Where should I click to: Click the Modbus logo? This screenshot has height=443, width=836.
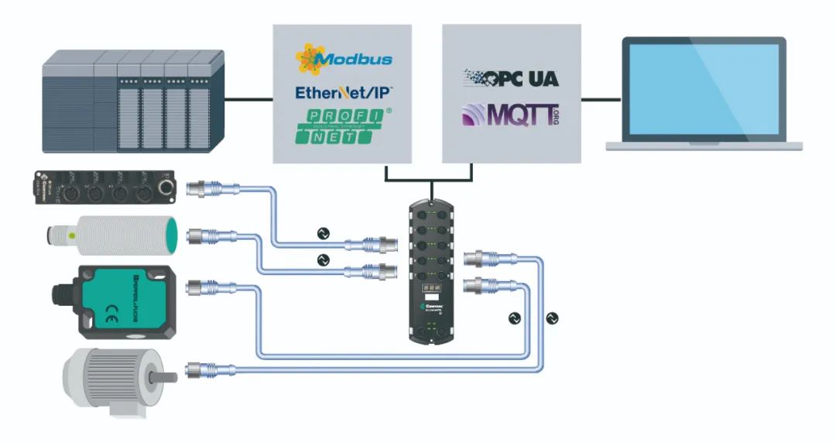(344, 59)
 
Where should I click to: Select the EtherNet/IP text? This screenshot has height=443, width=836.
(344, 93)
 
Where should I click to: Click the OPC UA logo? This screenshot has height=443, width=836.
(511, 77)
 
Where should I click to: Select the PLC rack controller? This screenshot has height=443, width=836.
(133, 101)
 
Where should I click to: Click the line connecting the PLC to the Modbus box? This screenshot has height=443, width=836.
(248, 99)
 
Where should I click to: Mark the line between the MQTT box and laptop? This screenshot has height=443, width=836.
(601, 99)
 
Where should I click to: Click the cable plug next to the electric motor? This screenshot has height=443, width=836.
(198, 369)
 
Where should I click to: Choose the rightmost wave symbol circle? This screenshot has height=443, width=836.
(551, 318)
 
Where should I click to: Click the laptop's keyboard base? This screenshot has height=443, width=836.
(704, 145)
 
